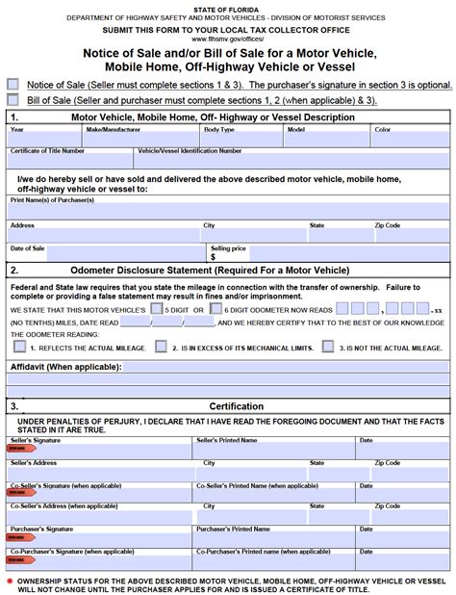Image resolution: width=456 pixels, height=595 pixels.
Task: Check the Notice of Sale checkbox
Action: pos(13,84)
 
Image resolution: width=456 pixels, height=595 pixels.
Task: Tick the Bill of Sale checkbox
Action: pos(13,99)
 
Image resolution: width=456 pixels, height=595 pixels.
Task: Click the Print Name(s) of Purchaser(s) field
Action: pos(227,210)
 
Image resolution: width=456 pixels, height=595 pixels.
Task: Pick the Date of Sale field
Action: pos(106,256)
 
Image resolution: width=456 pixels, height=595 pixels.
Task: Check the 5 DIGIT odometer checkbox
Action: pos(157,309)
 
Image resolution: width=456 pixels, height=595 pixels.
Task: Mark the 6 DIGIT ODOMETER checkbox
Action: pos(216,309)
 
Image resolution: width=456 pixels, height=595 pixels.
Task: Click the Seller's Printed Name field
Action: pos(274,449)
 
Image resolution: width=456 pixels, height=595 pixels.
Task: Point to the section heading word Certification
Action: pos(237,406)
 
